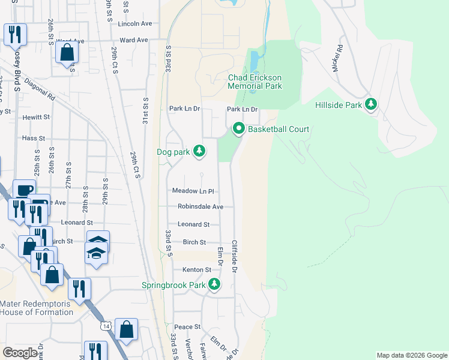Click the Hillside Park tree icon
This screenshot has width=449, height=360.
pyautogui.click(x=372, y=104)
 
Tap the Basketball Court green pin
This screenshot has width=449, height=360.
pyautogui.click(x=238, y=128)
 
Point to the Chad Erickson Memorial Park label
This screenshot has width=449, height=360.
pyautogui.click(x=255, y=82)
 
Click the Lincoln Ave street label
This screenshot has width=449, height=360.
pyautogui.click(x=135, y=24)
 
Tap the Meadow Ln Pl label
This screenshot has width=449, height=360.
pyautogui.click(x=193, y=191)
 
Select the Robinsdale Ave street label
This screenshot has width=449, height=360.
pyautogui.click(x=200, y=206)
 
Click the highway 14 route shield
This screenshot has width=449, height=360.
pyautogui.click(x=106, y=326)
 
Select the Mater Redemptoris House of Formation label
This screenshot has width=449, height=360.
pyautogui.click(x=36, y=308)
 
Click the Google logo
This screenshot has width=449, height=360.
pyautogui.click(x=20, y=353)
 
